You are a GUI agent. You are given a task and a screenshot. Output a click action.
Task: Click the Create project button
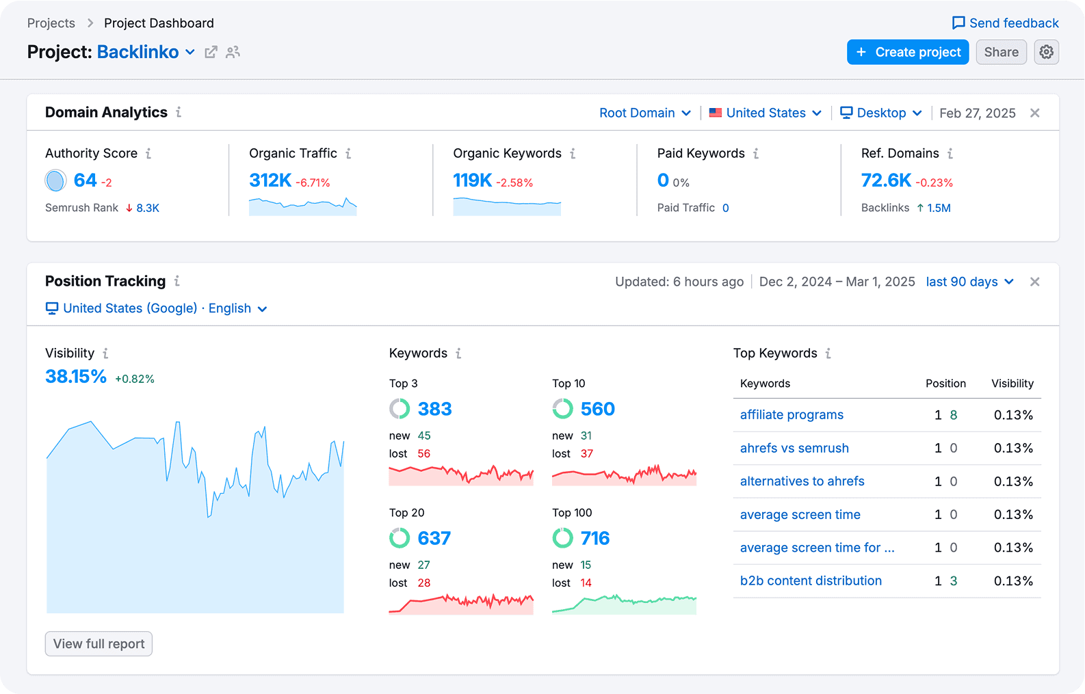click(908, 52)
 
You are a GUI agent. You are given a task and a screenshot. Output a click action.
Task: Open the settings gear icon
click(1046, 52)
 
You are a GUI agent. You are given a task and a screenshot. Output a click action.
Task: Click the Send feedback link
click(1005, 23)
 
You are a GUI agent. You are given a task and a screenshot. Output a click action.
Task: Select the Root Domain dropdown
click(644, 113)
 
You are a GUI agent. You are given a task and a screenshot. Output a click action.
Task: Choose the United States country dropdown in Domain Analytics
click(766, 113)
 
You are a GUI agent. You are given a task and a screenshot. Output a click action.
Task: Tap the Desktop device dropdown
click(880, 113)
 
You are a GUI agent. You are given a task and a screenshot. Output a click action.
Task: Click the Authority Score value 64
click(86, 180)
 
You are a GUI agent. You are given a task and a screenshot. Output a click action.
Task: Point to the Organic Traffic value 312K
click(270, 180)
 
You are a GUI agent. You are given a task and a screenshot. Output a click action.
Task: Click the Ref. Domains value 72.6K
click(886, 180)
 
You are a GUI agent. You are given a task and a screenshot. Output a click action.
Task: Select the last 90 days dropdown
click(969, 282)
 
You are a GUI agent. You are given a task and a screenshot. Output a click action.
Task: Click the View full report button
click(99, 643)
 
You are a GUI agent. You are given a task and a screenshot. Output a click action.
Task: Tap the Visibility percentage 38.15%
click(75, 377)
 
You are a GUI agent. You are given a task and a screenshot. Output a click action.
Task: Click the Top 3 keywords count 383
click(434, 409)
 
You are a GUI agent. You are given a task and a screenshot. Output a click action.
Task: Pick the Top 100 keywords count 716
click(594, 538)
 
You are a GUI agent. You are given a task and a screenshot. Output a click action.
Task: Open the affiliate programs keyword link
click(792, 415)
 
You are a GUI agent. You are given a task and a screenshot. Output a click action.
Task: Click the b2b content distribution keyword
click(811, 580)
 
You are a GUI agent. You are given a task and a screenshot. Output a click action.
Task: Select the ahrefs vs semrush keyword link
click(794, 448)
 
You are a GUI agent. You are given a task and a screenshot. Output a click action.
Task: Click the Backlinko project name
click(138, 52)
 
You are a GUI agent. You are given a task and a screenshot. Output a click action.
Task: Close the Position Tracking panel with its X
click(1034, 282)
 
